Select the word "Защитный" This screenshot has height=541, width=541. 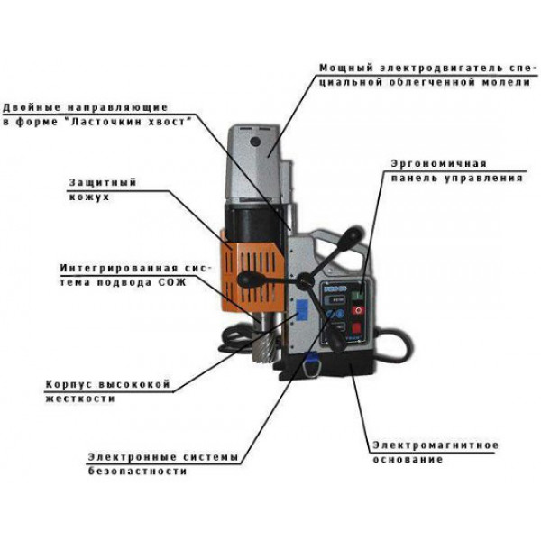click(103, 183)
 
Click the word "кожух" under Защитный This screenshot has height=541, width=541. click(89, 197)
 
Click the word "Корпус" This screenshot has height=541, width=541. click(68, 385)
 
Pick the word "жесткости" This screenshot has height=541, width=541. click(80, 399)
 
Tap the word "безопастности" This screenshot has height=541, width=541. click(137, 472)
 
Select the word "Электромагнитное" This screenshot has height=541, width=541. click(436, 445)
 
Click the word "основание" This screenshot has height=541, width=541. click(408, 460)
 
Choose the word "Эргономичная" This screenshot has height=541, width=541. click(438, 164)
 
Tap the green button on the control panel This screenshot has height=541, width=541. click(357, 295)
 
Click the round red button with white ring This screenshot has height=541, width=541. click(358, 310)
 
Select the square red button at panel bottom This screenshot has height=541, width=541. click(356, 327)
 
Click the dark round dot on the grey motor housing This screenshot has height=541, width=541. click(255, 142)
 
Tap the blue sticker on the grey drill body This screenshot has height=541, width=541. click(302, 309)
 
